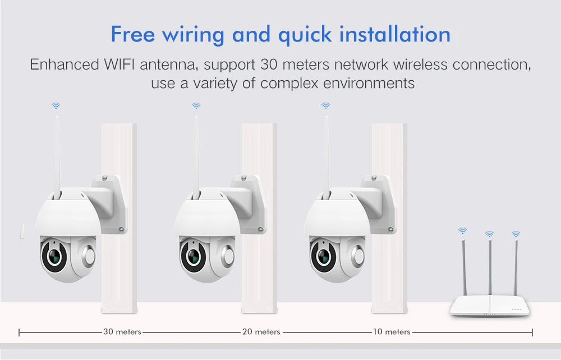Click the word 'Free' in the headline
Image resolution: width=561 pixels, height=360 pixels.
coord(133,34)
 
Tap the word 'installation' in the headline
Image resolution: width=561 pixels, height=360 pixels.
coord(395,34)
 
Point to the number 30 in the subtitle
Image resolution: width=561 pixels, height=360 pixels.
coord(269,64)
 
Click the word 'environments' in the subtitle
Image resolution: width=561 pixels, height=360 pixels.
coord(369,84)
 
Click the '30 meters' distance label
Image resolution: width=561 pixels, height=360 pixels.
coord(122,332)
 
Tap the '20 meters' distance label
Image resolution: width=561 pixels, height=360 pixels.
coord(261,332)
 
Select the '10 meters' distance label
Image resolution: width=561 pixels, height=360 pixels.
coord(392,332)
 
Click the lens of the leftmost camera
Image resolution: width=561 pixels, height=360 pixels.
coord(54,255)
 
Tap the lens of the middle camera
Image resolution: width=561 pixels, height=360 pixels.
coord(193,255)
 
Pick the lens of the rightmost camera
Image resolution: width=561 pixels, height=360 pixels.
coord(324,255)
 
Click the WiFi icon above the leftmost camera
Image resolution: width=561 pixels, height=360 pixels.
coord(56,106)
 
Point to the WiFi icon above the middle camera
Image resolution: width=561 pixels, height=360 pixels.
coord(196,106)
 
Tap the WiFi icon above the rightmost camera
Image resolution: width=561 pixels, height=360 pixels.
coord(325,106)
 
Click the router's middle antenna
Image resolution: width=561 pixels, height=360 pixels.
coord(490,267)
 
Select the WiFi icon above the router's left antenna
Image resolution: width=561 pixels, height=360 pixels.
coord(463,231)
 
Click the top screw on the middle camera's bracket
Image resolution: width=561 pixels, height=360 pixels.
coord(243,178)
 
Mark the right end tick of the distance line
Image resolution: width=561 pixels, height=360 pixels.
coord(532,333)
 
